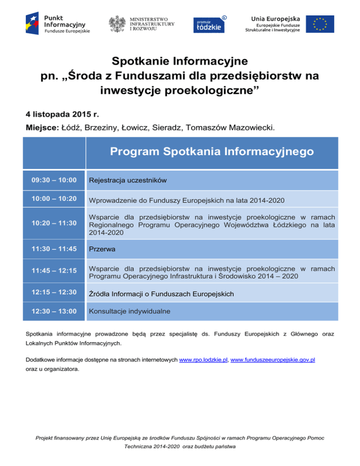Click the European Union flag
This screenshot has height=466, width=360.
(x=320, y=24)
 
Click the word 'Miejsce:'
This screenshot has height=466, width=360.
(x=43, y=128)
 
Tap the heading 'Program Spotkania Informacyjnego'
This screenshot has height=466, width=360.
(x=211, y=152)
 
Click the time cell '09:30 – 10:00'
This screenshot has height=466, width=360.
(x=54, y=180)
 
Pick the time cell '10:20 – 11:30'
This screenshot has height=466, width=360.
(x=54, y=222)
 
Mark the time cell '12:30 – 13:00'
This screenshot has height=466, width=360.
(x=54, y=311)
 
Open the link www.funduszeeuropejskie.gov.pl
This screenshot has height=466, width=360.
(x=273, y=360)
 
